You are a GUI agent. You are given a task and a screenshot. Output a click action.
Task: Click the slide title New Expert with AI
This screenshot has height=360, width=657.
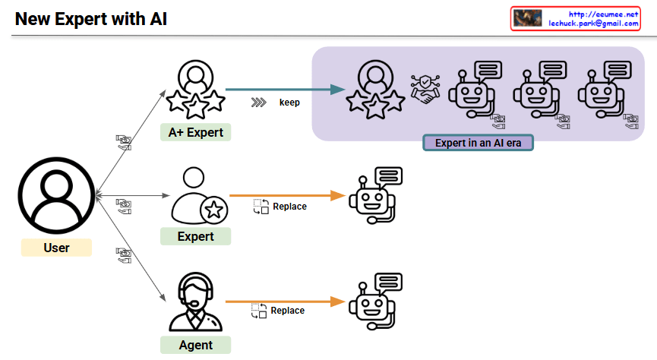90,18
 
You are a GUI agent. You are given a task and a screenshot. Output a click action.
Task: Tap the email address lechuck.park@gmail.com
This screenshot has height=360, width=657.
593,24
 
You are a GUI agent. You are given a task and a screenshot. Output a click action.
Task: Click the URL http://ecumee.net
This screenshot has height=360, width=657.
605,14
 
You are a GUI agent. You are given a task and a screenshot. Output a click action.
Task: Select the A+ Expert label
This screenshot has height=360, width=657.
196,133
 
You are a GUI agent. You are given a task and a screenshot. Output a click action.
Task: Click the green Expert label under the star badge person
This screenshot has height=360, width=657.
195,236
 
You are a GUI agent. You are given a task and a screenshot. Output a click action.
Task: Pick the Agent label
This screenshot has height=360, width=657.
195,345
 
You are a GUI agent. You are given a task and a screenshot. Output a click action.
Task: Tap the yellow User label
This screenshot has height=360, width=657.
56,248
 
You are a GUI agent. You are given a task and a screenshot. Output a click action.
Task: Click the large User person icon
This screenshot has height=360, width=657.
55,197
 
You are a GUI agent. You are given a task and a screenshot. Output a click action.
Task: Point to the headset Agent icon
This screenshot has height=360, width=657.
194,301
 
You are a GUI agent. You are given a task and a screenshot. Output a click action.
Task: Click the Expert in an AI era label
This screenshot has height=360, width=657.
478,143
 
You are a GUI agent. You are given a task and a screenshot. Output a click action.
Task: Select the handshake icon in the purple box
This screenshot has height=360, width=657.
425,90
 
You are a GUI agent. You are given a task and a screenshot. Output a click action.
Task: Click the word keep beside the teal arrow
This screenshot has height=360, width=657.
290,101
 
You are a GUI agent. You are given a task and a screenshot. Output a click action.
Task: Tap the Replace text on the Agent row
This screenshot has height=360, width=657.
288,310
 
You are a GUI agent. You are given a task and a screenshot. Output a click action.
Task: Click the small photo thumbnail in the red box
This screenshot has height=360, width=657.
527,18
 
